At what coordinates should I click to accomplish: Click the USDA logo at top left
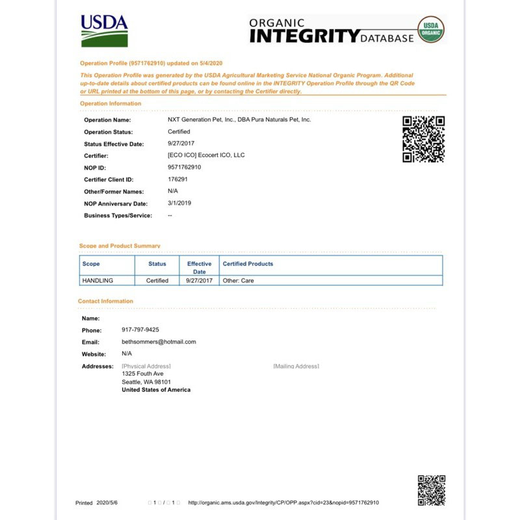point(104,31)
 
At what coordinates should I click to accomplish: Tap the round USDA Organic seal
point(430,30)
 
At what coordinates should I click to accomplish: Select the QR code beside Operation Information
point(423,138)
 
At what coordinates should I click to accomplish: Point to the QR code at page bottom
point(431,490)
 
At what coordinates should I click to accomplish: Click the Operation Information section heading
point(110,103)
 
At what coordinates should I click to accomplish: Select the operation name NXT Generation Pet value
point(239,120)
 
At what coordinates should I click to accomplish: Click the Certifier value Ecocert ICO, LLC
point(206,155)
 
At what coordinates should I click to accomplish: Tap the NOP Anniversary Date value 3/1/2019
point(179,203)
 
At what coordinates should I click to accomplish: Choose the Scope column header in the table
point(91,264)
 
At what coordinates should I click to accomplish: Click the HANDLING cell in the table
point(98,281)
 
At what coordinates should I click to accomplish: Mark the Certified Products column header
point(248,264)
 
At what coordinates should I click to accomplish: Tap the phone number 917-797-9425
point(140,330)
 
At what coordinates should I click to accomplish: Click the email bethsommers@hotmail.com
point(159,341)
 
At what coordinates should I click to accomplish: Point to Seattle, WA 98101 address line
point(146,382)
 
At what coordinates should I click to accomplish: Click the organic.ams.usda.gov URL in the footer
point(283,502)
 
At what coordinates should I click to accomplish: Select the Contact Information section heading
point(105,301)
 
